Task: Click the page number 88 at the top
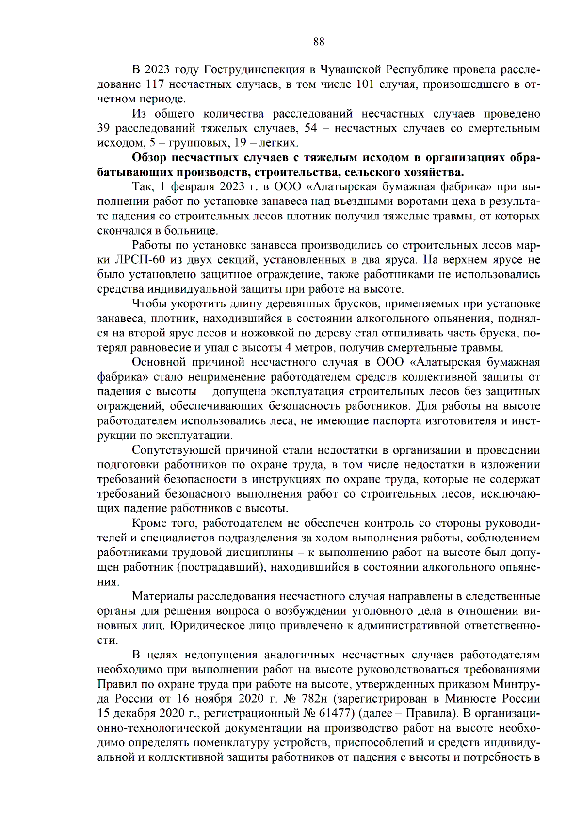319,42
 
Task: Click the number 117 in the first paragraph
155,84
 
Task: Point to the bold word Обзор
149,158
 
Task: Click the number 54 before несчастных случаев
310,128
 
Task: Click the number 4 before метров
288,348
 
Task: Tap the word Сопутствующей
174,451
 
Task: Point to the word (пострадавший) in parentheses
221,567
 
